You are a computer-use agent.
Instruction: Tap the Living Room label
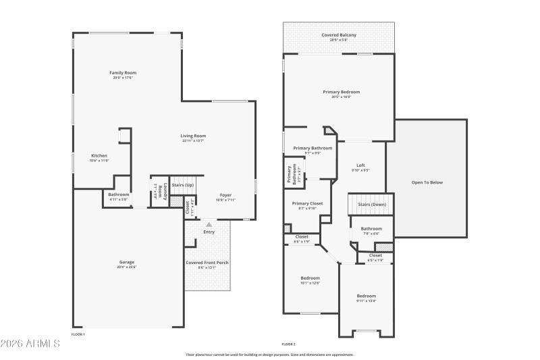192,136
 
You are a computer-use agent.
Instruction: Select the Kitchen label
99,156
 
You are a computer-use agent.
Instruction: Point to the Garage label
127,262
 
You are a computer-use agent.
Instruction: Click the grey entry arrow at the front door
209,224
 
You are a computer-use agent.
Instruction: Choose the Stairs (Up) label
182,184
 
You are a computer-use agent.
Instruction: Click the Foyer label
225,196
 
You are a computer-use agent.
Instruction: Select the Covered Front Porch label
207,262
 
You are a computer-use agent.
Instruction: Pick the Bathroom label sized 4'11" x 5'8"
118,195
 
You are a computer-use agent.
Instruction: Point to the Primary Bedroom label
341,92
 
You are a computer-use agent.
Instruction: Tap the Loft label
361,165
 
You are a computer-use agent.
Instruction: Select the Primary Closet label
307,203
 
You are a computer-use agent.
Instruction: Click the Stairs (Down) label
372,204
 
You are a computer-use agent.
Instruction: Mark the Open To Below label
427,182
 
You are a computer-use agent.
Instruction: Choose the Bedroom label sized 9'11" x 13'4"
367,296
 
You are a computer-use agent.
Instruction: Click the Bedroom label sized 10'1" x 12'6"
310,278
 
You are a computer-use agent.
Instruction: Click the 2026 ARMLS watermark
30,344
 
